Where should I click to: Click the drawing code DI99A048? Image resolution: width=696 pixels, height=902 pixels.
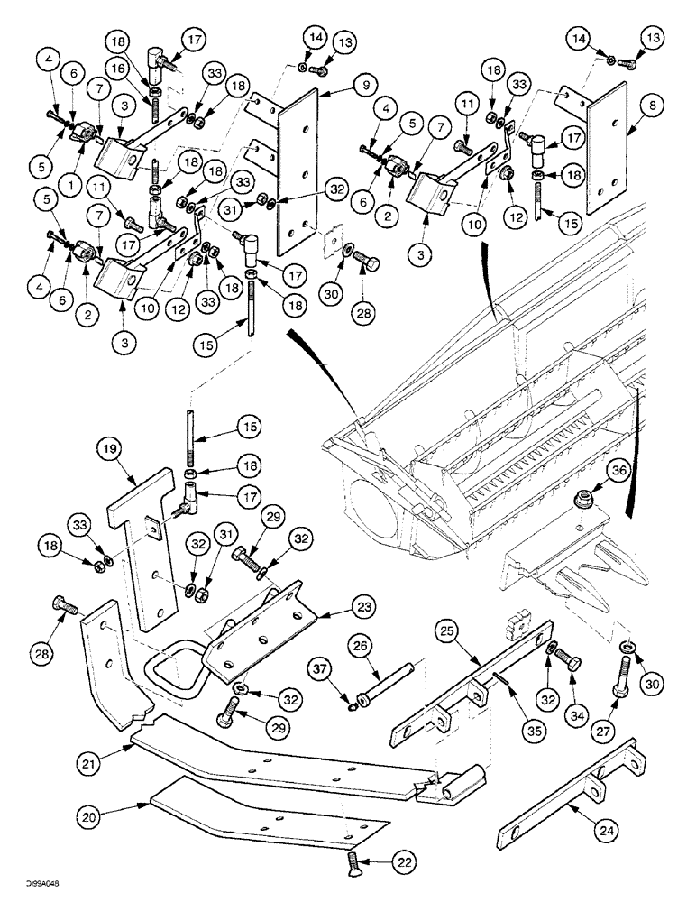click(x=24, y=886)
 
